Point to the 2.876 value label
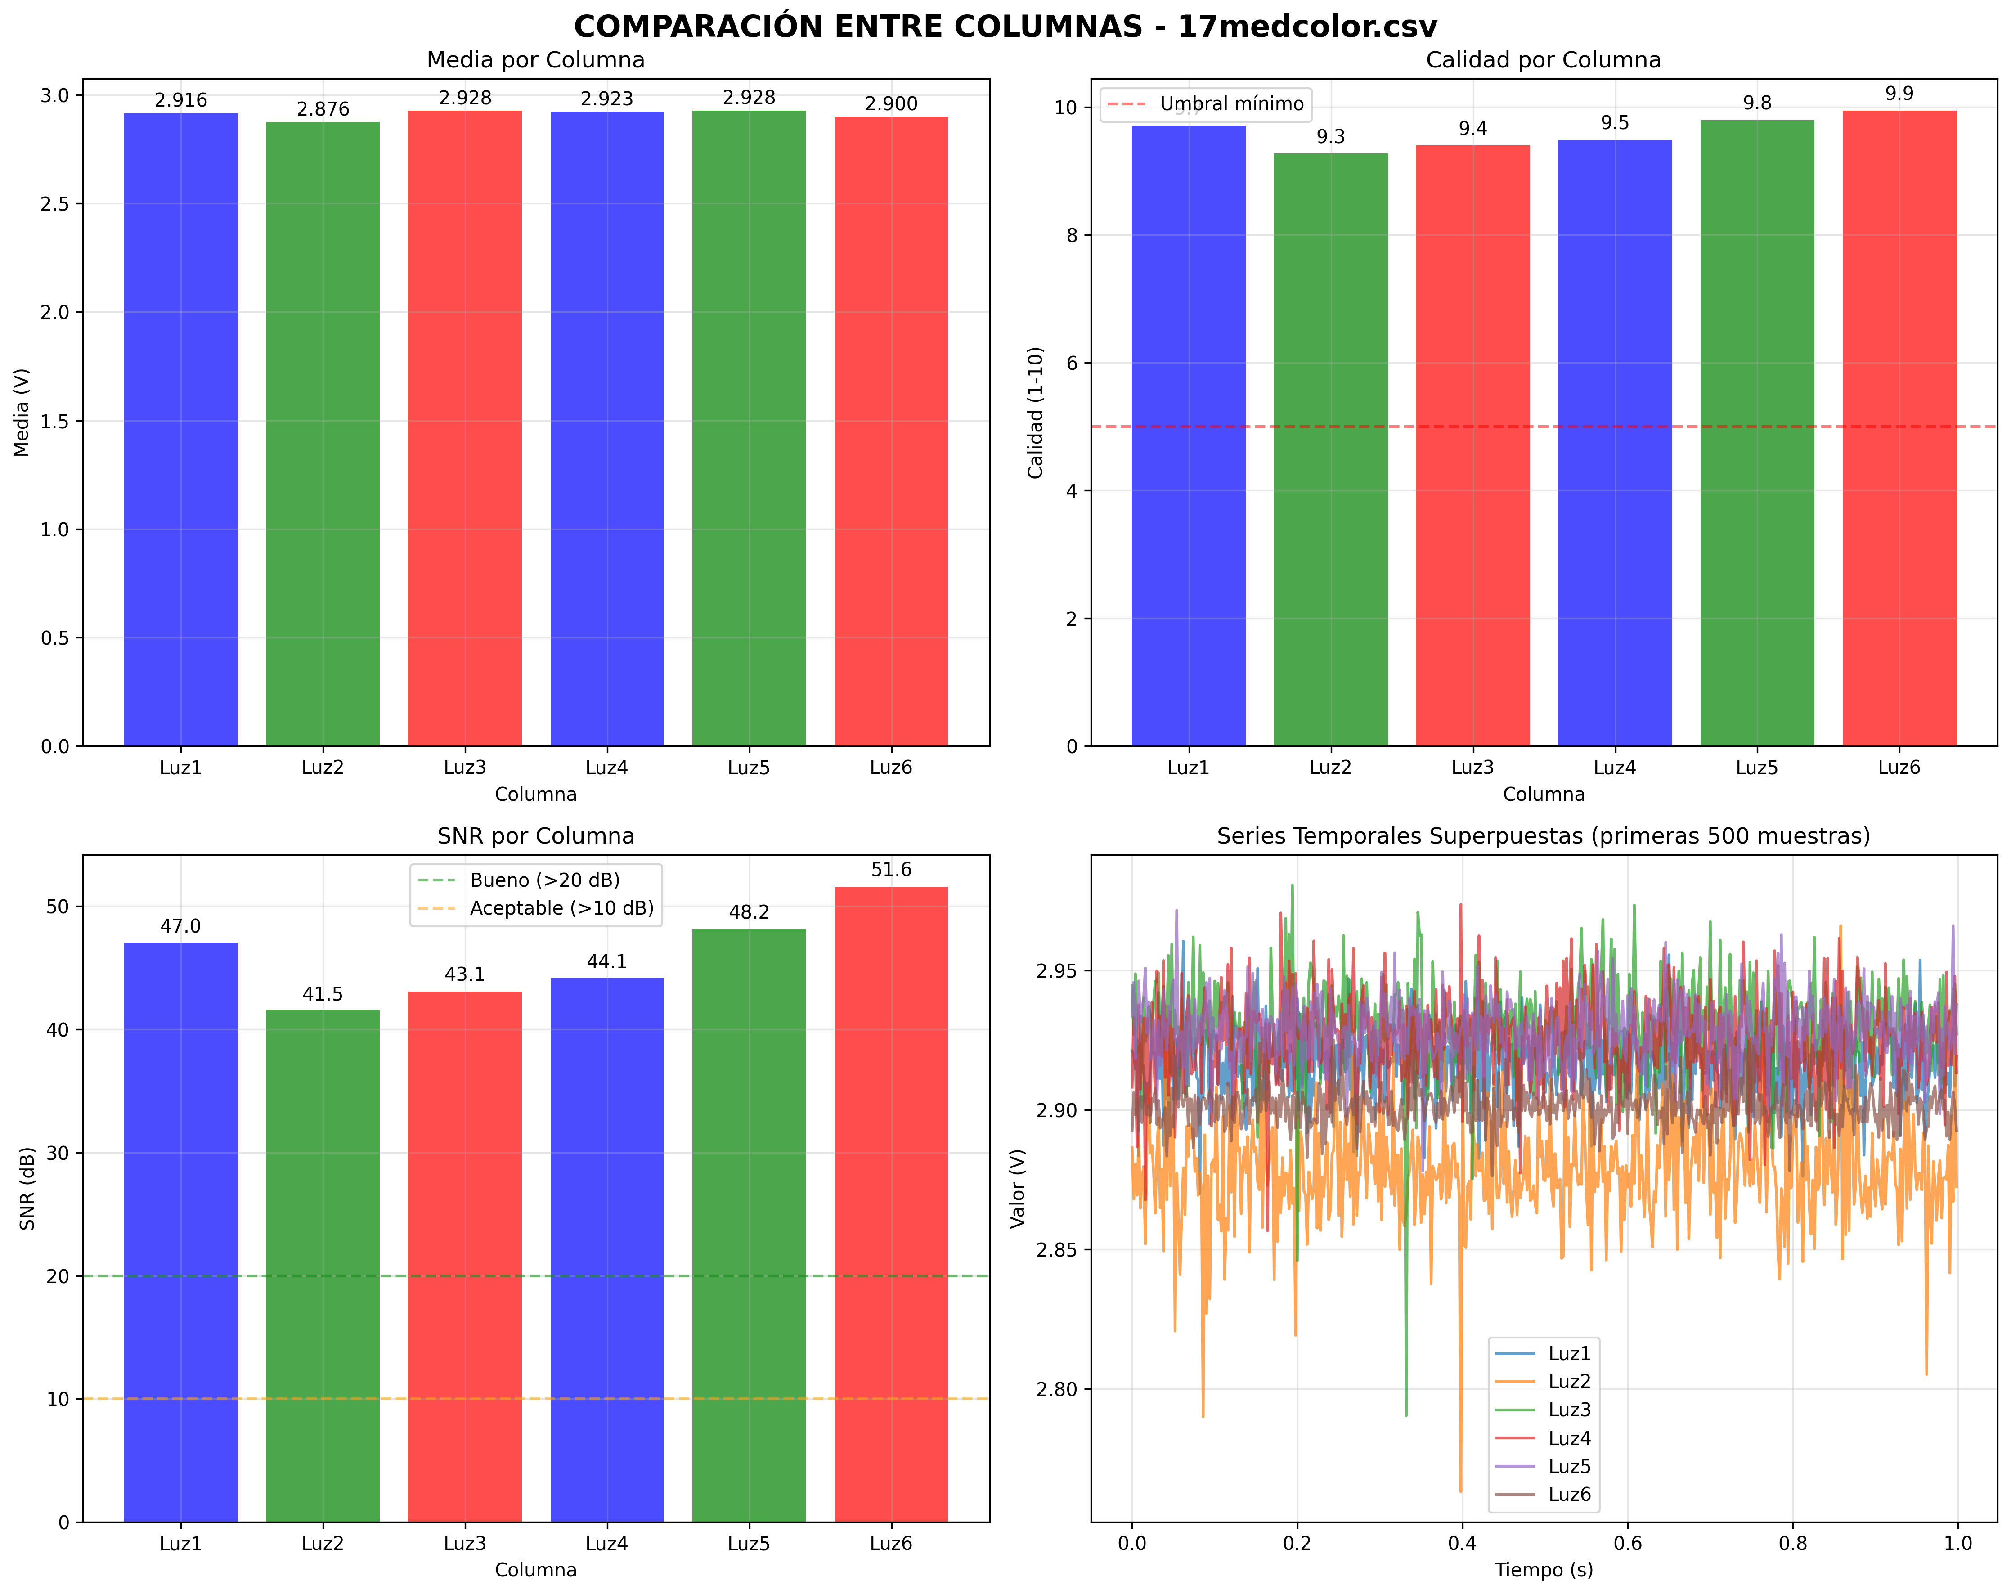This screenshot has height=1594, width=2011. coord(323,109)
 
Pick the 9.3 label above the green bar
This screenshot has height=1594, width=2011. coord(1330,137)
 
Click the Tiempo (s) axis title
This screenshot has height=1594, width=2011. coord(1544,1570)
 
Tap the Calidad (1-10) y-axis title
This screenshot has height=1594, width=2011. coord(1035,413)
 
